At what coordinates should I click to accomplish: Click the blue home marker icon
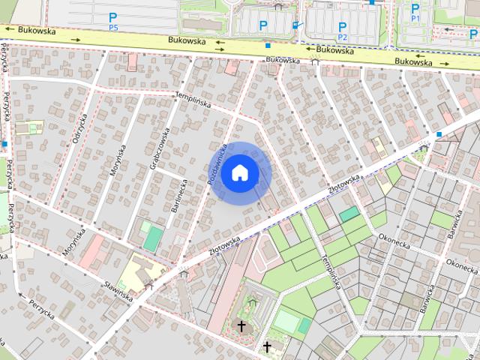click(x=240, y=172)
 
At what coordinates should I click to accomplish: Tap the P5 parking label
click(x=113, y=21)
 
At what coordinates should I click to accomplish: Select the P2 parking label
click(x=343, y=31)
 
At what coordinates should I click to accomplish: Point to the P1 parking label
click(x=415, y=12)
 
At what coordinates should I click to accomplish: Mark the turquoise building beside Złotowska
click(x=349, y=214)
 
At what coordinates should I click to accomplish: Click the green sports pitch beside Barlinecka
click(x=153, y=239)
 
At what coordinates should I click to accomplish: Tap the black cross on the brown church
click(x=241, y=326)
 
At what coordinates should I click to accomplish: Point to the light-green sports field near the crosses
click(x=286, y=322)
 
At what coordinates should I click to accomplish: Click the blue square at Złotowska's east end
click(x=439, y=134)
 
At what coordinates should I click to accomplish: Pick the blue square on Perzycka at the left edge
click(x=4, y=143)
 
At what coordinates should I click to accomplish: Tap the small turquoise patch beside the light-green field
click(x=304, y=325)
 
